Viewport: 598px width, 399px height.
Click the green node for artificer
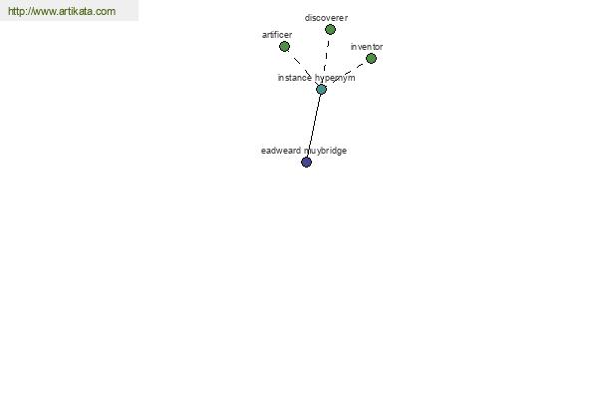[x=284, y=47]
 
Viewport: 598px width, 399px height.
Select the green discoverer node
[x=330, y=29]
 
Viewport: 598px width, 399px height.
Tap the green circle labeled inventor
[x=371, y=59]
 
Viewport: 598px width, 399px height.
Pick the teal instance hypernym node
[x=321, y=90]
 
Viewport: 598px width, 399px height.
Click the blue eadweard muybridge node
[x=307, y=163]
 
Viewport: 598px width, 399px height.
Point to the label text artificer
[x=277, y=35]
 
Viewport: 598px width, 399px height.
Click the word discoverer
[x=326, y=18]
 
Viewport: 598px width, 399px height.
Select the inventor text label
[x=367, y=47]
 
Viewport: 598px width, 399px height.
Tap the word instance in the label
[x=295, y=78]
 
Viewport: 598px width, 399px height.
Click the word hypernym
[x=335, y=78]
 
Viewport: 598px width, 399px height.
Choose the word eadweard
[x=281, y=151]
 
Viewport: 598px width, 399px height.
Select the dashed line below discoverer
[x=325, y=57]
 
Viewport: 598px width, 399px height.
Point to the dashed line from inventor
[x=347, y=73]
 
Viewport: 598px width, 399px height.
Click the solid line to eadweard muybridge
[x=314, y=126]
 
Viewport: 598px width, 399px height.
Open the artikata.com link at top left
[x=62, y=11]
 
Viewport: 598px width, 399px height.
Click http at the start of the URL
[x=16, y=11]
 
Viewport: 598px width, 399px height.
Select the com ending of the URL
[x=107, y=11]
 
